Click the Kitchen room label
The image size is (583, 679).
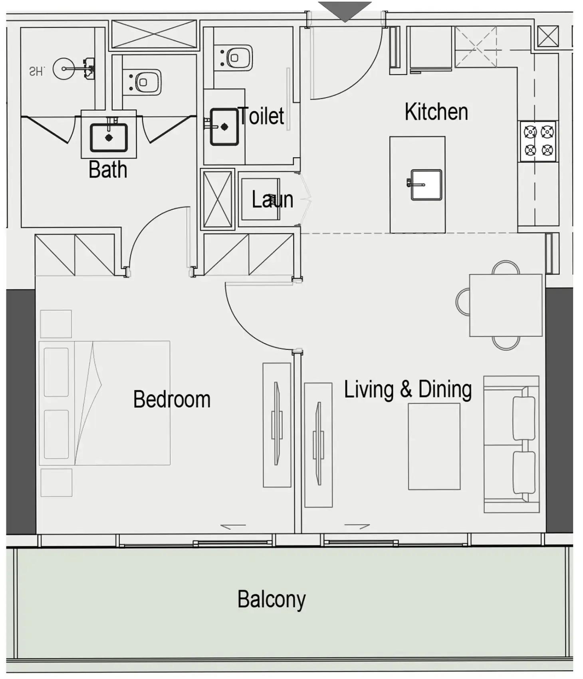(x=436, y=112)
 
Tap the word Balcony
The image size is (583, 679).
(x=272, y=600)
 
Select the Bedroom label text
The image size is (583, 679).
(x=172, y=399)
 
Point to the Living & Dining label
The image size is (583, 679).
(x=408, y=389)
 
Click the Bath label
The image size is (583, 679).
(x=108, y=169)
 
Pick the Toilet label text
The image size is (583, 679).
(x=261, y=116)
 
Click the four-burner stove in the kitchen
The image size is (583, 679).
(x=538, y=141)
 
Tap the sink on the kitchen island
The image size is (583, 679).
(x=426, y=185)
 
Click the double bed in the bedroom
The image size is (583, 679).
(x=105, y=403)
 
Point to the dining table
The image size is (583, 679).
(x=506, y=305)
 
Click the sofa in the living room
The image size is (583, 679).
(x=512, y=444)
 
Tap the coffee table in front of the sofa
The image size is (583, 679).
(x=434, y=447)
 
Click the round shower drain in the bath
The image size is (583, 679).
(x=63, y=69)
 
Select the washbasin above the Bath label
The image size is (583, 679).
(x=109, y=138)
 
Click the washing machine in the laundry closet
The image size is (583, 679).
(x=260, y=199)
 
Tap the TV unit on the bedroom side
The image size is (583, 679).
(x=277, y=425)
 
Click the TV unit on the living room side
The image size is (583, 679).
(x=318, y=445)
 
